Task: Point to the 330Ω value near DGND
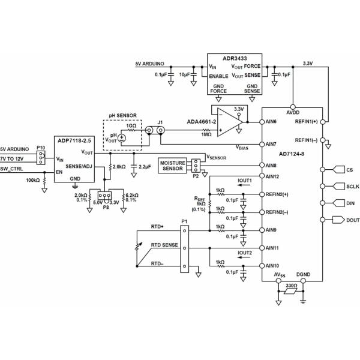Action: [x=292, y=287]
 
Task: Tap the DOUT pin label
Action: [x=352, y=220]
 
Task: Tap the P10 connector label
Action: [x=40, y=147]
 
